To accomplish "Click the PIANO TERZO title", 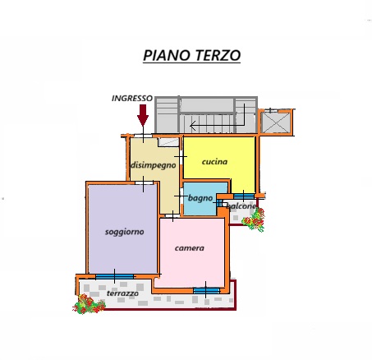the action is (191, 55).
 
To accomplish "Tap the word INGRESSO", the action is (132, 99).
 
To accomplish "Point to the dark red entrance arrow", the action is (143, 115).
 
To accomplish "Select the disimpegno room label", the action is (154, 165).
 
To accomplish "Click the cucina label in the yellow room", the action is (214, 162).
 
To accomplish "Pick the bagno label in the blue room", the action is (200, 198).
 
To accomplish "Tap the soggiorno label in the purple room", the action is (125, 232).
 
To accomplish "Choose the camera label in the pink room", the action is (190, 248).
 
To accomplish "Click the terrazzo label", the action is (122, 293).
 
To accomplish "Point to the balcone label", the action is (241, 206).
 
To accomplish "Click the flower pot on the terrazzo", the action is (89, 304).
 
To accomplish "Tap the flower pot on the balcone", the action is (254, 220).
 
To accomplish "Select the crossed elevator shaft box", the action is (276, 122).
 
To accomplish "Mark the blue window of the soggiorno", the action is (114, 276).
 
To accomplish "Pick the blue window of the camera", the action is (206, 290).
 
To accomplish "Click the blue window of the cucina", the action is (244, 196).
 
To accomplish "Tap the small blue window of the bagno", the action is (218, 203).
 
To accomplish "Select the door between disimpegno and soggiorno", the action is (144, 182).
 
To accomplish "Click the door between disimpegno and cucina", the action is (181, 157).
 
